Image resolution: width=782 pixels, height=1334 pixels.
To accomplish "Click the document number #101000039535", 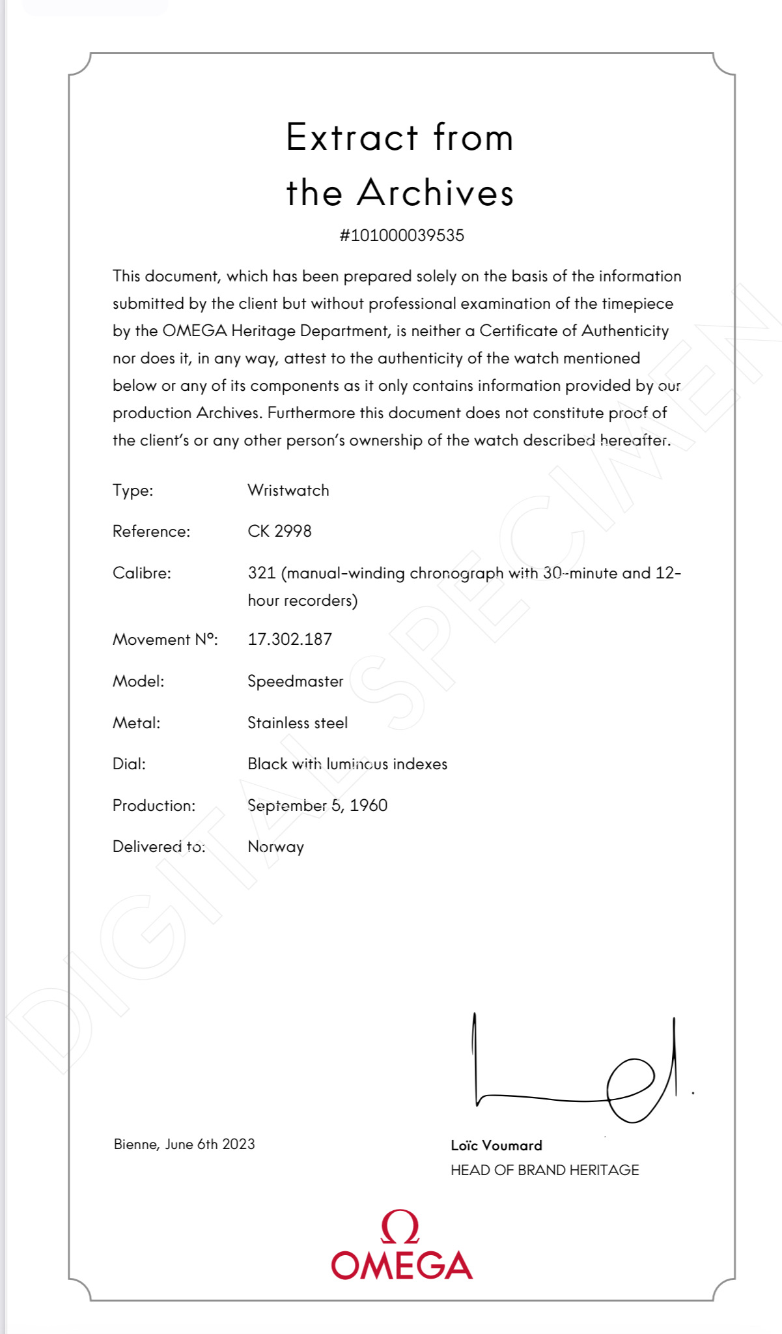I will click(x=402, y=235).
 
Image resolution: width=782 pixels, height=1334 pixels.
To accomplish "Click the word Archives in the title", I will click(x=436, y=193).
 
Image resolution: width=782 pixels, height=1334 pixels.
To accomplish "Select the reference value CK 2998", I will click(x=279, y=532).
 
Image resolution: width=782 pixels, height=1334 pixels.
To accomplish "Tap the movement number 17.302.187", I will click(x=290, y=639).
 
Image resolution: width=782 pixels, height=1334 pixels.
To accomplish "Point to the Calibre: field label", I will click(x=141, y=573).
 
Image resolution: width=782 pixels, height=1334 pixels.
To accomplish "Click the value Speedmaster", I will click(x=295, y=681).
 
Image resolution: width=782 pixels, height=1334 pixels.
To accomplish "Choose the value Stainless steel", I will click(x=298, y=723).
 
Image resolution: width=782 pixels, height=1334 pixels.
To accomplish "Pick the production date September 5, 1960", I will click(x=317, y=806).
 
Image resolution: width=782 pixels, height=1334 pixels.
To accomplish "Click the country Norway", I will click(x=275, y=847).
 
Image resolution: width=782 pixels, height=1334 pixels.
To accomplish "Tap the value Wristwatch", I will click(x=288, y=490).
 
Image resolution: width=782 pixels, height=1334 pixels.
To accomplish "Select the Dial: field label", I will click(x=129, y=764).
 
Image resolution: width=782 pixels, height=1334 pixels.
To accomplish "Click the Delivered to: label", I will click(x=158, y=847).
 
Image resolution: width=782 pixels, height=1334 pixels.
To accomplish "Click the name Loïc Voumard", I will click(x=496, y=1145).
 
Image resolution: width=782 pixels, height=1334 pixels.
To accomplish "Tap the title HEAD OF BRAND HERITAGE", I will click(x=544, y=1170).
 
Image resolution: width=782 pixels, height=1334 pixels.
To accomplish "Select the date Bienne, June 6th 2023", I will click(x=184, y=1144).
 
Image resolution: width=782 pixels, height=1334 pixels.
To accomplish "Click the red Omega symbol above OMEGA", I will click(x=400, y=1227).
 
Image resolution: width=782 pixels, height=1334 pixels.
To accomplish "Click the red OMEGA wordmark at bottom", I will click(x=402, y=1265).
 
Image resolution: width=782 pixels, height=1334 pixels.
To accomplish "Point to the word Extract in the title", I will click(x=352, y=137).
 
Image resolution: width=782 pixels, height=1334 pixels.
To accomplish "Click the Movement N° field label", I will click(x=165, y=640).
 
